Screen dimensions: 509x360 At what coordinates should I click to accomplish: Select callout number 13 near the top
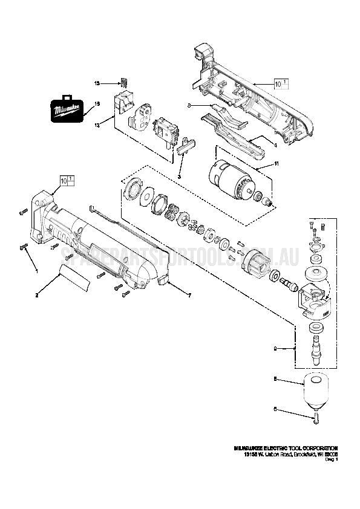click(x=96, y=82)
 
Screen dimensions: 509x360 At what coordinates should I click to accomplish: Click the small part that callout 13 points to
click(x=125, y=82)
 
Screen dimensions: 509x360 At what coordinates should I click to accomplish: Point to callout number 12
click(x=96, y=124)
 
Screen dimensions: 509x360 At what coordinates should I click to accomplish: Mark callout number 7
click(x=189, y=295)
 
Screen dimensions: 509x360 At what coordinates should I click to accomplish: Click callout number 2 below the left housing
click(x=38, y=295)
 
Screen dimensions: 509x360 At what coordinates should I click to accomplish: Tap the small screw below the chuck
click(x=315, y=416)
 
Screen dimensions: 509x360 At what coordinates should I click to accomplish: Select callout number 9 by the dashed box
click(x=276, y=348)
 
